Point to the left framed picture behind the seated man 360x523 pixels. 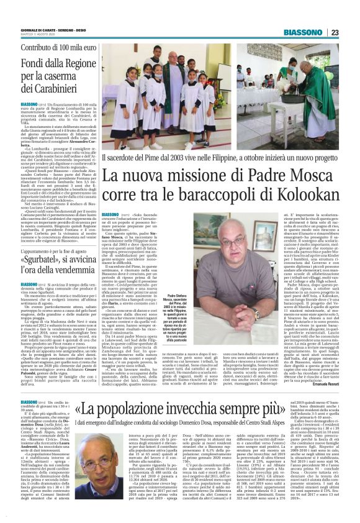(178, 234)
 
